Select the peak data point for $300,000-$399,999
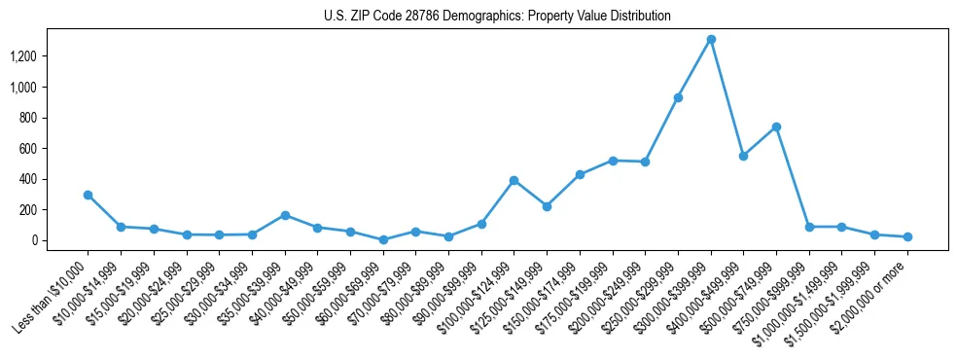click(x=711, y=40)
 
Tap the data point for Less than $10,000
click(x=89, y=195)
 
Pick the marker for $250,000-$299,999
click(x=678, y=97)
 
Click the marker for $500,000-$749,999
click(x=776, y=126)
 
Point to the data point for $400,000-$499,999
click(x=743, y=156)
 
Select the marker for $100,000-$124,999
click(x=514, y=180)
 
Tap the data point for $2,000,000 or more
click(x=907, y=236)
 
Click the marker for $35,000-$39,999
click(x=285, y=215)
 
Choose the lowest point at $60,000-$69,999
click(x=383, y=239)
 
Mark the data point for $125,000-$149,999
click(x=547, y=206)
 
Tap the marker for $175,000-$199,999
click(x=613, y=161)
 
